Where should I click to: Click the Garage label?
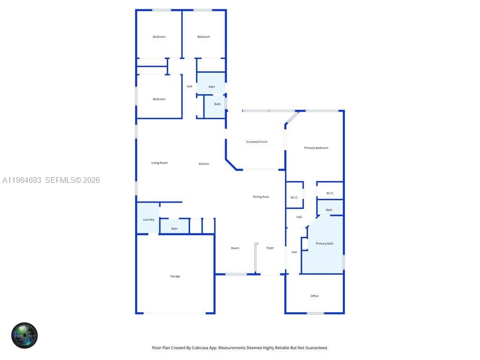coord(175,276)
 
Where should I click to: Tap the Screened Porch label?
coord(256,142)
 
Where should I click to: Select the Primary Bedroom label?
coord(316,148)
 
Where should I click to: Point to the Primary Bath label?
coord(324,243)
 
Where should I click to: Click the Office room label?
coord(315,296)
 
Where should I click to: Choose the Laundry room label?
coord(149,219)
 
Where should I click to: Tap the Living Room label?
coord(159,163)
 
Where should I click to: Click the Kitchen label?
coord(203,164)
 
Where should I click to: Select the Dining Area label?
coord(261,197)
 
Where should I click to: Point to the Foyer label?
coord(270,247)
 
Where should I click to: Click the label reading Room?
coord(235,248)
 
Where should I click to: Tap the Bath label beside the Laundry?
coord(174,229)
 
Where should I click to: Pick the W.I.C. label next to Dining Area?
coord(294,197)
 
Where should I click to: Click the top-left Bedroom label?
coord(159,37)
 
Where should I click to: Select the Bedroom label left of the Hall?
coord(159,99)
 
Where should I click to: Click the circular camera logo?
coord(24,335)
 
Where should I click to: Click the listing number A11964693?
coord(22,180)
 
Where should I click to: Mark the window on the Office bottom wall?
coord(315,313)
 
